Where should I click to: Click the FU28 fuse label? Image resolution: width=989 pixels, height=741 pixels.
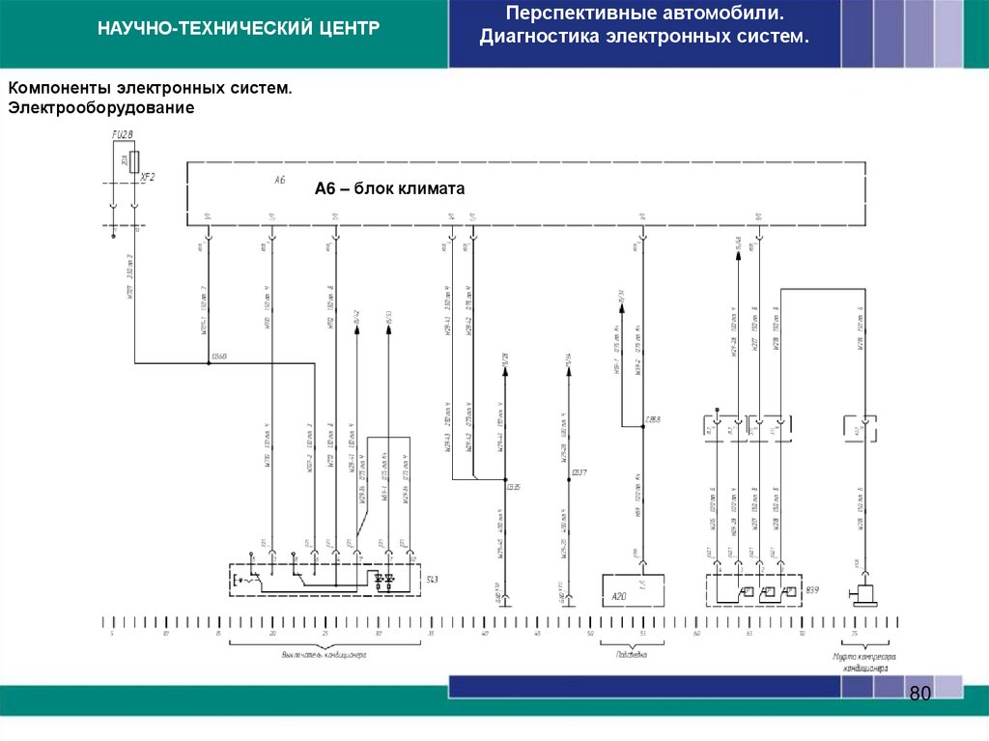pyautogui.click(x=121, y=134)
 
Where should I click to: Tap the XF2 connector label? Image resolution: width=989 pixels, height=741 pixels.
pyautogui.click(x=148, y=178)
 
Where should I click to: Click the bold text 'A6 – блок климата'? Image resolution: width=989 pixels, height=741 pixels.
pyautogui.click(x=390, y=189)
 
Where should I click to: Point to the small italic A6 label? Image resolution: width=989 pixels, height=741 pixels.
pyautogui.click(x=279, y=181)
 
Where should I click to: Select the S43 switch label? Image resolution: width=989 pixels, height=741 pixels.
pyautogui.click(x=433, y=579)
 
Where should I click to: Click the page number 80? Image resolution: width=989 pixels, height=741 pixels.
pyautogui.click(x=919, y=695)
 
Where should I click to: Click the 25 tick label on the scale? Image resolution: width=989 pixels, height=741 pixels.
pyautogui.click(x=325, y=634)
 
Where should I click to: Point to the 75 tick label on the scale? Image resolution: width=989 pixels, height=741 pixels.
pyautogui.click(x=854, y=634)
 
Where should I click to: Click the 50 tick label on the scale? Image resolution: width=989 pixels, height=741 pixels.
pyautogui.click(x=590, y=634)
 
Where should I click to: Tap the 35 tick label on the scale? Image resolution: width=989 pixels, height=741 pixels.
pyautogui.click(x=431, y=634)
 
